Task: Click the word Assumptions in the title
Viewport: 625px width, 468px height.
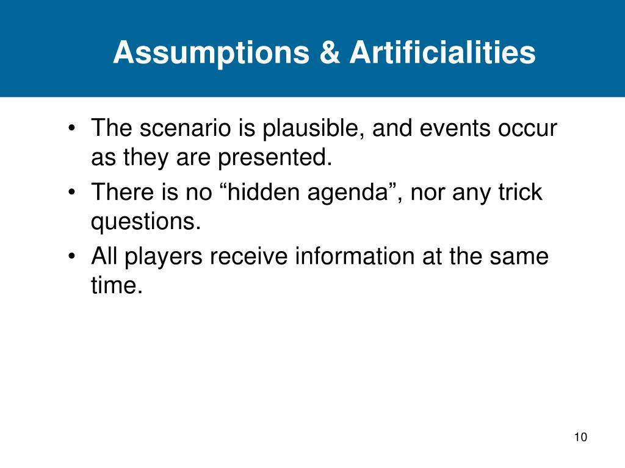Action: tap(211, 53)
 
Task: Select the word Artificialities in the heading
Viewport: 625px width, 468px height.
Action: tap(443, 53)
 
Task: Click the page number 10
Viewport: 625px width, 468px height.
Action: tap(580, 438)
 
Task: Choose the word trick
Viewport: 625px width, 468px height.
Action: tap(519, 193)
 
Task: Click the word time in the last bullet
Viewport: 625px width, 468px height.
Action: tap(117, 286)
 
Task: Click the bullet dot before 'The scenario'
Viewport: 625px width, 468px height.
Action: tap(73, 130)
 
